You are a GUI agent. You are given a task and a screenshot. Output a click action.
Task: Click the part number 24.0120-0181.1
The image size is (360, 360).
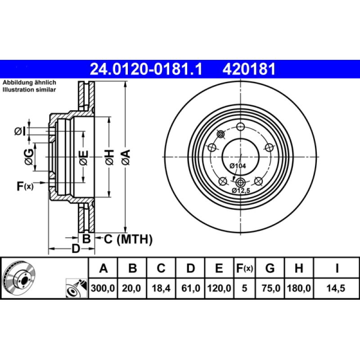[x=147, y=69]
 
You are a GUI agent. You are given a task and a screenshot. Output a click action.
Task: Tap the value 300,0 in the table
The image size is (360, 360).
[x=103, y=288]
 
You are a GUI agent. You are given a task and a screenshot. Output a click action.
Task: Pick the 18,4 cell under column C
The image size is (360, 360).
[x=161, y=288]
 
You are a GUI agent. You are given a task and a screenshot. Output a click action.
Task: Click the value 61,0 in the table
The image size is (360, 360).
[x=190, y=288]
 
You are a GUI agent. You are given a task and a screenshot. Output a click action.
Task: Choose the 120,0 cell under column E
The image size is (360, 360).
[x=219, y=288]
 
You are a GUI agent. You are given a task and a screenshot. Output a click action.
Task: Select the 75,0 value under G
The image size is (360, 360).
[x=270, y=288]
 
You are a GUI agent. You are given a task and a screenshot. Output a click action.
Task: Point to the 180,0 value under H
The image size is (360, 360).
[x=298, y=288]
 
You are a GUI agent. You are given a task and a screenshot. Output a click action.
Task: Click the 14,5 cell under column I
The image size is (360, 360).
[x=337, y=288]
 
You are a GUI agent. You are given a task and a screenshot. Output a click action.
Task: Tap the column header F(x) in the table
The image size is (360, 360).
[x=245, y=269]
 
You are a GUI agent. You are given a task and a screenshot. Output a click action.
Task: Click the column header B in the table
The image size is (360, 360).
[x=132, y=269]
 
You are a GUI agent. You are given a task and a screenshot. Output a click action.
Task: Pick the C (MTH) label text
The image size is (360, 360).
[x=128, y=239]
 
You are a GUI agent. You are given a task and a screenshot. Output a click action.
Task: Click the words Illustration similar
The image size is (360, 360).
[x=29, y=90]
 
